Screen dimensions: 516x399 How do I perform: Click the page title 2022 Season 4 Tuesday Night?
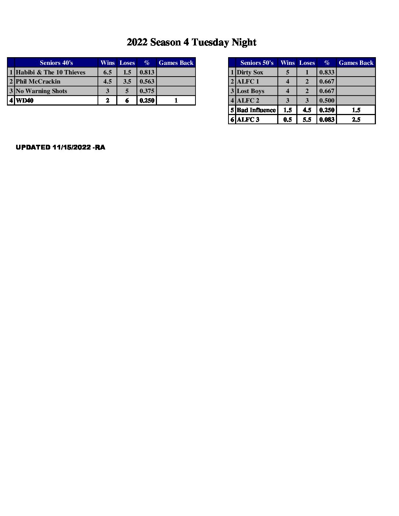click(x=191, y=43)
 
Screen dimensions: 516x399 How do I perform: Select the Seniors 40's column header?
click(x=56, y=63)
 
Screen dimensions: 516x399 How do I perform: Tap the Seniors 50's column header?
click(x=257, y=63)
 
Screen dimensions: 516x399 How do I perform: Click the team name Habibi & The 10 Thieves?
click(x=51, y=72)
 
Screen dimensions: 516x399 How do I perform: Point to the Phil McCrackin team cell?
click(x=38, y=81)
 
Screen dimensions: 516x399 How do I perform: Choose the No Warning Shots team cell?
click(x=41, y=91)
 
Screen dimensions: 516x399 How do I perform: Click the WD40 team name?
click(x=25, y=100)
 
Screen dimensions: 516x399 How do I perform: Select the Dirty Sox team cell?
click(x=250, y=72)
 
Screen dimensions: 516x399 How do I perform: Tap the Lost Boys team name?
click(x=250, y=91)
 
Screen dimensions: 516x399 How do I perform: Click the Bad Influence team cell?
click(x=256, y=110)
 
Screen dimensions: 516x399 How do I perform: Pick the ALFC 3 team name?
click(x=248, y=119)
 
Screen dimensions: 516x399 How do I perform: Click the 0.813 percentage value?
click(x=147, y=72)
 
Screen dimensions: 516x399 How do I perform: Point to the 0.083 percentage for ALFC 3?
click(x=327, y=119)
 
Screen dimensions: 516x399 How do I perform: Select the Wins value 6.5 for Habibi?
click(x=107, y=72)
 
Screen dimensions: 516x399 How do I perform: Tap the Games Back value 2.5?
click(x=356, y=119)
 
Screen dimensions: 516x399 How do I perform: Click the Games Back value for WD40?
click(x=176, y=100)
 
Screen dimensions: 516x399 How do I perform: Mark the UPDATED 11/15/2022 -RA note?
click(x=61, y=147)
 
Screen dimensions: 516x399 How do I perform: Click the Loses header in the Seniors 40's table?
click(x=127, y=63)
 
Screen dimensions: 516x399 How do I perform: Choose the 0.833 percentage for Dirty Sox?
click(x=327, y=72)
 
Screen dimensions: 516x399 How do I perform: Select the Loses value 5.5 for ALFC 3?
click(x=307, y=119)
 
